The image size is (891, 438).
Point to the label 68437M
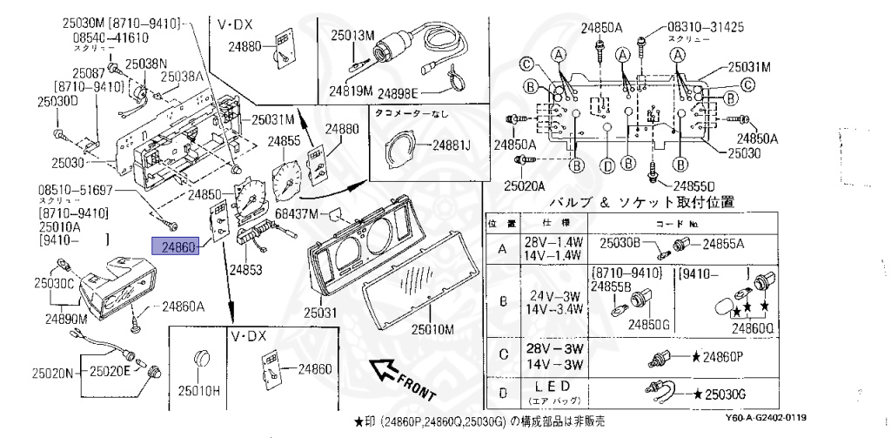click(298, 212)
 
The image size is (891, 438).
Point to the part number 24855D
click(692, 185)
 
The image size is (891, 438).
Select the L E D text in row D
click(552, 385)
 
